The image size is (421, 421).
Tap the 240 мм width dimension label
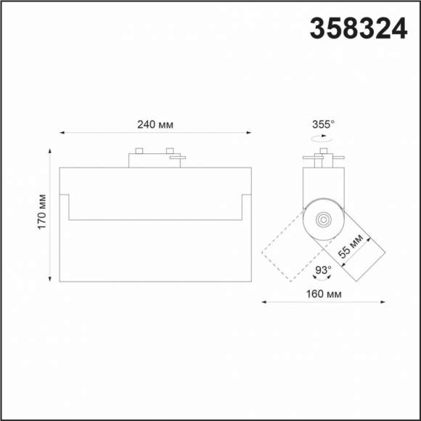pyautogui.click(x=155, y=125)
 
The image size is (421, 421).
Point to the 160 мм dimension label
pyautogui.click(x=324, y=294)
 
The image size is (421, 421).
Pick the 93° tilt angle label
pyautogui.click(x=323, y=269)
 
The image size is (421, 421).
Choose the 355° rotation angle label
pyautogui.click(x=323, y=124)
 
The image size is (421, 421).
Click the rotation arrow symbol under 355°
pyautogui.click(x=323, y=136)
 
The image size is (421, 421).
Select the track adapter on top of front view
pyautogui.click(x=155, y=158)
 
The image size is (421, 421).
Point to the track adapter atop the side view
pyautogui.click(x=322, y=158)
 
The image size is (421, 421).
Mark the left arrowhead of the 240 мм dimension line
pyautogui.click(x=62, y=133)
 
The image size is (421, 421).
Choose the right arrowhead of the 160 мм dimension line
pyautogui.click(x=383, y=301)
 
